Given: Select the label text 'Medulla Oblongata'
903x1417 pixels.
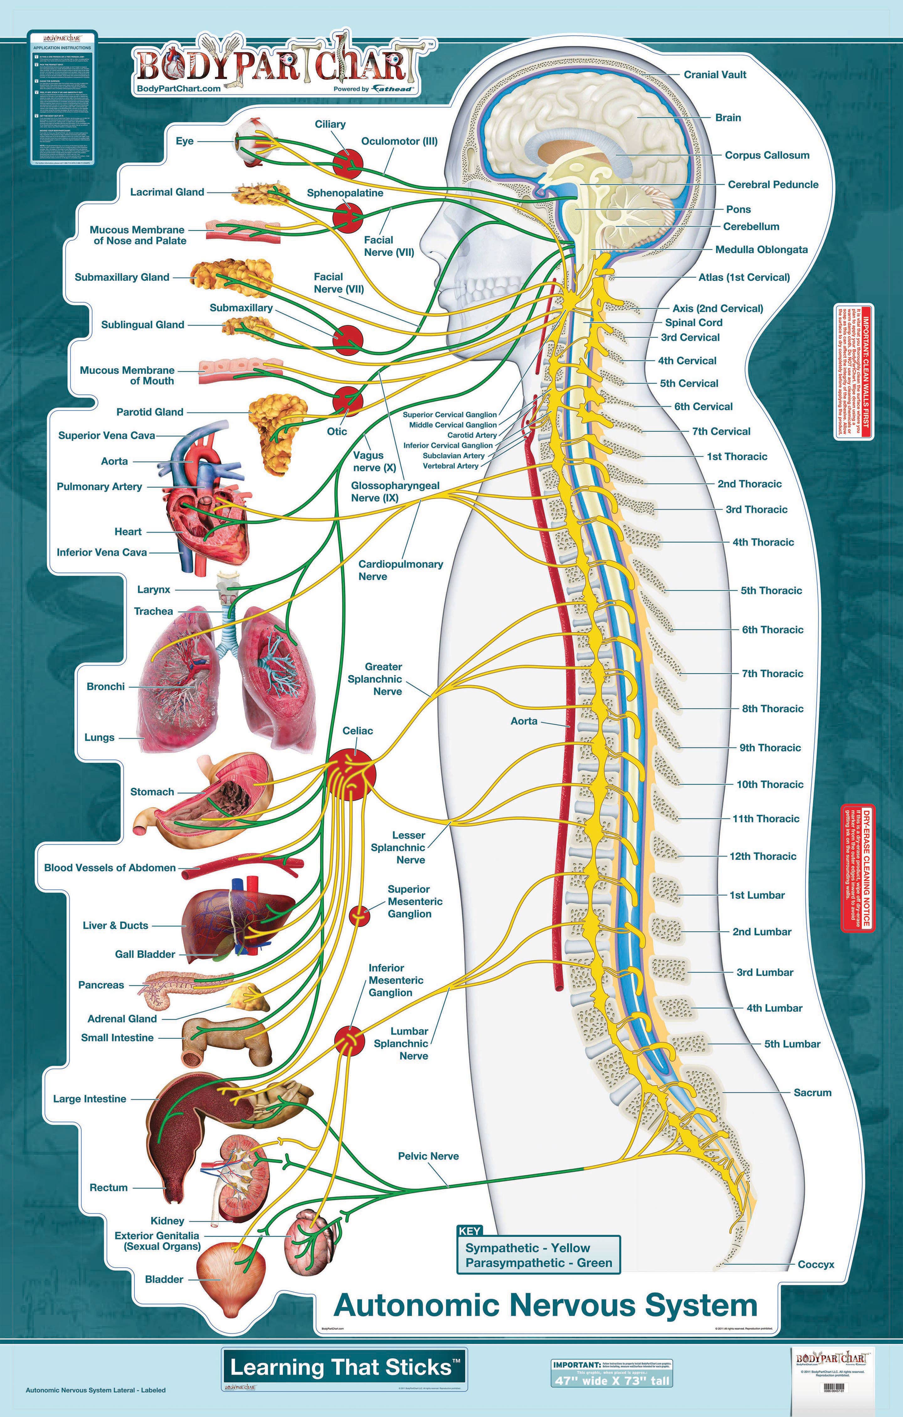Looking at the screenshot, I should click(761, 250).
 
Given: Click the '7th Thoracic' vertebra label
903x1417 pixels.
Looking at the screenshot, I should click(772, 674).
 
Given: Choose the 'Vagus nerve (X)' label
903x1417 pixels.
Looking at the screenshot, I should click(368, 461).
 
